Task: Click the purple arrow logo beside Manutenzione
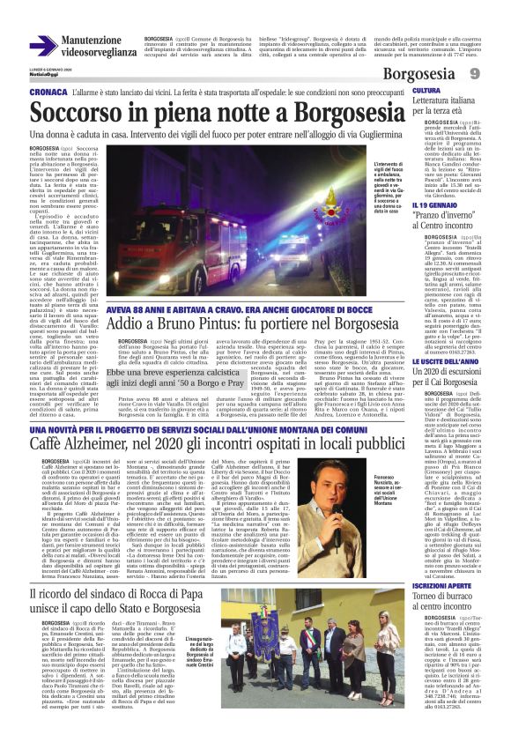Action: [x=42, y=46]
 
